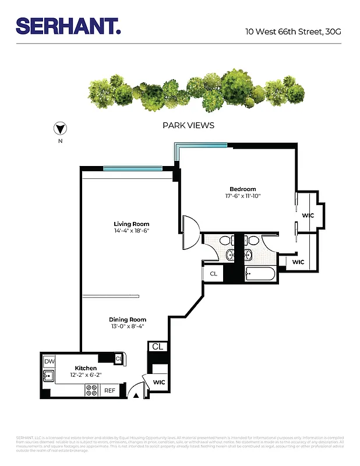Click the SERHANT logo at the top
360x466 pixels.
point(68,26)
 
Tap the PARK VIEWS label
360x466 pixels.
point(188,125)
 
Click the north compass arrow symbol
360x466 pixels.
point(60,129)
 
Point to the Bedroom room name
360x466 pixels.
point(242,189)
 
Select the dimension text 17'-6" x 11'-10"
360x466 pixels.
point(242,196)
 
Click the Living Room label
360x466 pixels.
point(131,224)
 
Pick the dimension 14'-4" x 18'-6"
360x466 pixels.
point(131,231)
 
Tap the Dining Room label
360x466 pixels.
point(128,319)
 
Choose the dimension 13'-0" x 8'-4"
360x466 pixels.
point(128,327)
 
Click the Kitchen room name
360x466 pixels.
point(86,368)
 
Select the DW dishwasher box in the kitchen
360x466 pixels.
point(49,362)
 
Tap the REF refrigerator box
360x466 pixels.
point(110,391)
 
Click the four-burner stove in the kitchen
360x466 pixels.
point(91,391)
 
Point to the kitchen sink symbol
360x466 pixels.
point(48,376)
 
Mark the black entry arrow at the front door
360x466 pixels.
point(136,396)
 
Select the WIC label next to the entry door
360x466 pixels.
point(159,383)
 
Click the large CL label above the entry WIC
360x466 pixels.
point(158,347)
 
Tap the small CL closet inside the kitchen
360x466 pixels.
point(119,359)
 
